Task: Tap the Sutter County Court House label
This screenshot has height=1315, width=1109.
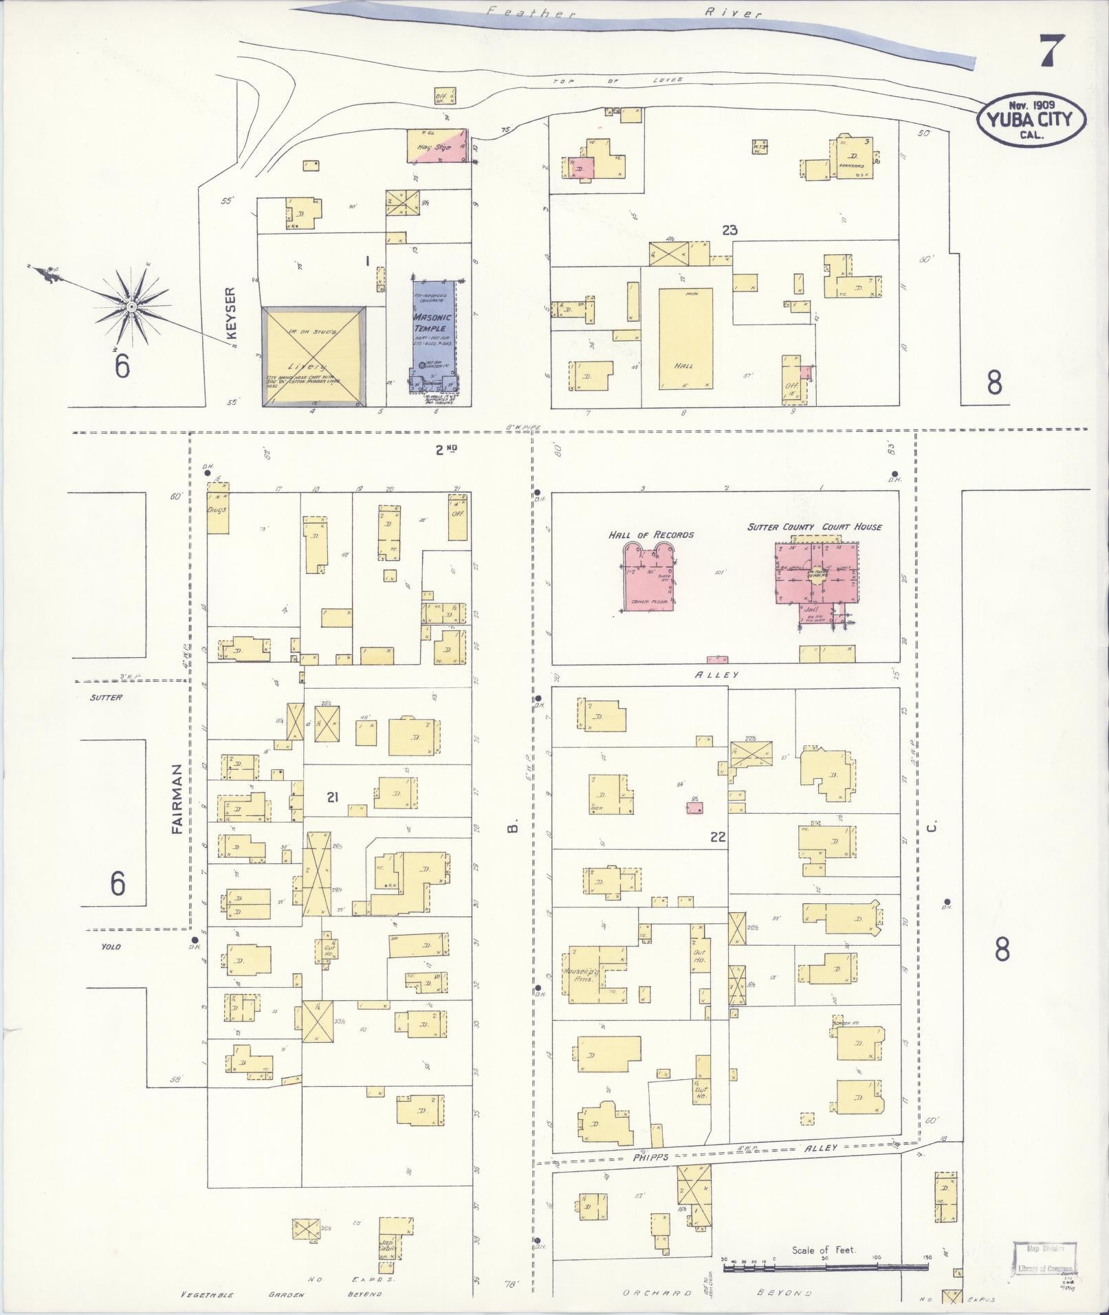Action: (x=815, y=527)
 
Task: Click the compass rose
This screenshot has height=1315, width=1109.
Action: (x=130, y=305)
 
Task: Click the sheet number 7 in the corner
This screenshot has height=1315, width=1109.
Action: (x=1051, y=50)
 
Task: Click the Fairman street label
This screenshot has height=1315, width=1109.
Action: (x=177, y=799)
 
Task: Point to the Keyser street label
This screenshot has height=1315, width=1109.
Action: (x=231, y=313)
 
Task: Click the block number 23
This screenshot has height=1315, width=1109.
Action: (x=729, y=230)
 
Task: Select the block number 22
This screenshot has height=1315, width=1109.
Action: (x=718, y=838)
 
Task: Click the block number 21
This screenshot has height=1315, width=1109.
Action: (x=333, y=797)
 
